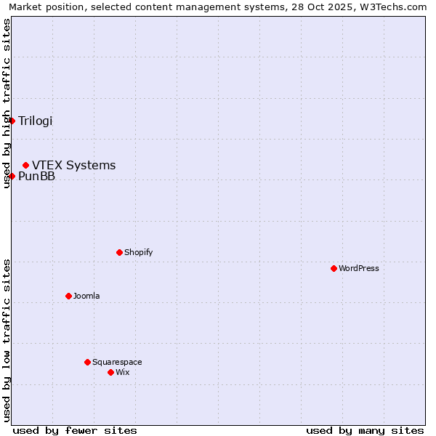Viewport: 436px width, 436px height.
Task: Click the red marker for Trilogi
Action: tap(12, 121)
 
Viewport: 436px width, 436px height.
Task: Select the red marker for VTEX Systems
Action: tap(26, 166)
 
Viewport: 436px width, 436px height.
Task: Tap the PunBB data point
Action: tap(12, 176)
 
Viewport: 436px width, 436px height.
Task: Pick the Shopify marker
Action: tap(120, 252)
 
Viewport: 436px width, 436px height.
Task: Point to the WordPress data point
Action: tap(334, 268)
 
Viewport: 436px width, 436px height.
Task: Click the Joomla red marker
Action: tap(69, 296)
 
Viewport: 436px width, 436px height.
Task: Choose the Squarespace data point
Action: tap(88, 362)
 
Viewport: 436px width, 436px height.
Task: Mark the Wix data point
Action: tap(111, 372)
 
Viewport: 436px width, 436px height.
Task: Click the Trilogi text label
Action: tap(36, 121)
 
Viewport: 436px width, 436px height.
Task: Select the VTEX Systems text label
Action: tap(74, 166)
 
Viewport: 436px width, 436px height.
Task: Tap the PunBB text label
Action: tap(37, 177)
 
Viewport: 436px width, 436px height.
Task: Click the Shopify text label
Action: tap(139, 253)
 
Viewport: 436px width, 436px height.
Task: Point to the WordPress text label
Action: tap(359, 269)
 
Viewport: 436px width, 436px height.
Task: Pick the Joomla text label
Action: tap(86, 296)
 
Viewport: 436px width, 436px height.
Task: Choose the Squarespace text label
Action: tap(117, 363)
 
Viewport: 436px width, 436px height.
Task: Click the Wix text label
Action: tap(123, 373)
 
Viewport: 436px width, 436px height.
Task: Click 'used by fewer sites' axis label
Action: tap(75, 430)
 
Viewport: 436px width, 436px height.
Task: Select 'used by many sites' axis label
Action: tap(365, 430)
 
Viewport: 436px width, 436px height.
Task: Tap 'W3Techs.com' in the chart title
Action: tap(396, 7)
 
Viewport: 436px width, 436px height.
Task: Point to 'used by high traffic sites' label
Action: tap(7, 104)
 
